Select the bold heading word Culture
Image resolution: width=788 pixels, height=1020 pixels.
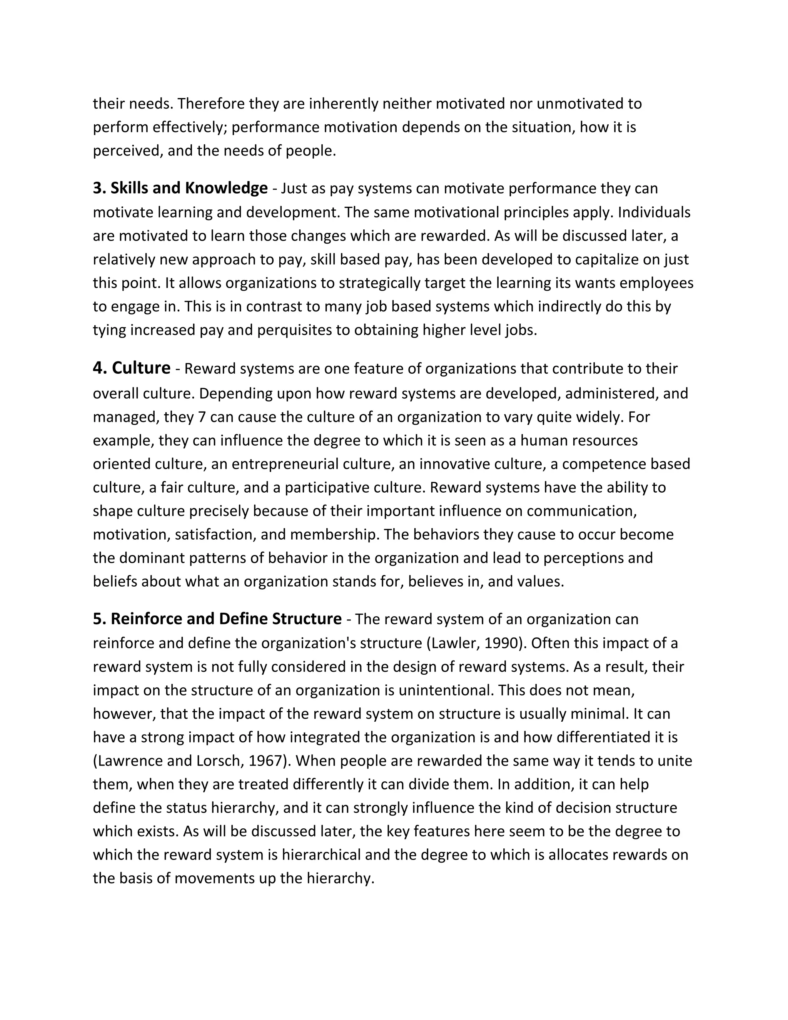(x=141, y=368)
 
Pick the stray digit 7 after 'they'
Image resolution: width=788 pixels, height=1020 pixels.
(x=202, y=416)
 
